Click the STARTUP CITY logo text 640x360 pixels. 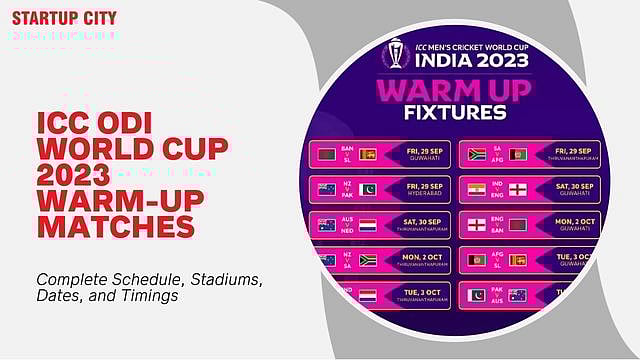coord(64,18)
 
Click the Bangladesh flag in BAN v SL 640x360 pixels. coord(326,154)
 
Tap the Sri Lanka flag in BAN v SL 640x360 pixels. coord(368,154)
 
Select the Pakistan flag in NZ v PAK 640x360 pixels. coord(368,189)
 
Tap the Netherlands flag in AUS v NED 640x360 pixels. coord(368,225)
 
